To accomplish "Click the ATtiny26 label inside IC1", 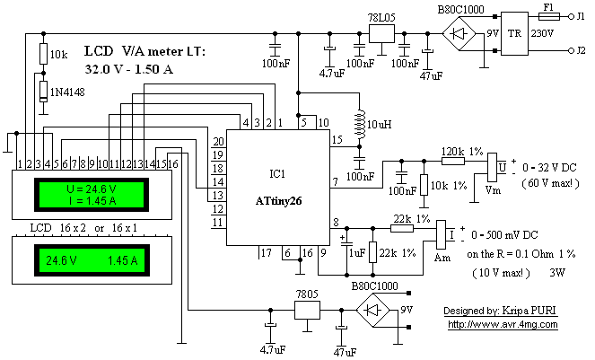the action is coord(278,201).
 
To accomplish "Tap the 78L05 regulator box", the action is coord(381,34).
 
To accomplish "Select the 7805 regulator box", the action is coord(307,311).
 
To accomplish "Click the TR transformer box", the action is coord(514,33).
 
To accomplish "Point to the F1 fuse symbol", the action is coord(549,16).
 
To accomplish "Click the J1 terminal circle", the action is coord(571,16).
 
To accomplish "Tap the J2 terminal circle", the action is coord(571,50).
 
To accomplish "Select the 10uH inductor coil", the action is coord(360,124).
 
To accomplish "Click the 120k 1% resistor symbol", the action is coord(453,161).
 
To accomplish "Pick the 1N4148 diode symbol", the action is coord(44,92).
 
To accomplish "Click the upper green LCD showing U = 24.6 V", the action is coord(92,195).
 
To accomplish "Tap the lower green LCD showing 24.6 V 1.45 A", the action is coord(92,260).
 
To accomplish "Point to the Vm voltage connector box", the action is coord(492,168).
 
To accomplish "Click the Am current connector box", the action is coord(441,234).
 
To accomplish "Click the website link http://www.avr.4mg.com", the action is coord(503,325).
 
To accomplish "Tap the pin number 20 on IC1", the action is coord(218,142).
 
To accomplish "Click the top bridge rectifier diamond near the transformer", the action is coord(459,34).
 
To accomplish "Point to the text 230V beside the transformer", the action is coord(542,33).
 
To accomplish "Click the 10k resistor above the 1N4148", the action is coord(44,54).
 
